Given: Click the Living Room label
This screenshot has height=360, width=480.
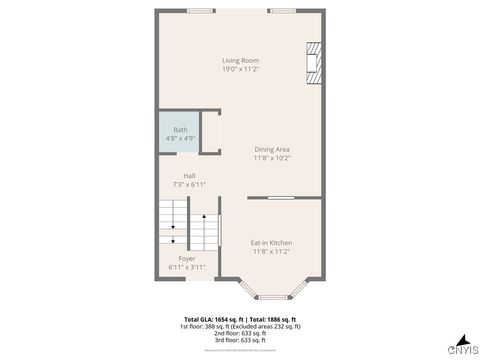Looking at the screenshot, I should tap(240, 60).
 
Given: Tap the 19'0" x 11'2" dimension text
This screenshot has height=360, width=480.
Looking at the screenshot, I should tap(240, 69).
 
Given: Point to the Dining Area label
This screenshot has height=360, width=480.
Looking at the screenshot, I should tap(271, 149).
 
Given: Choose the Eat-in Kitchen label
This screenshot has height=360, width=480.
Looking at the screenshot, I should tap(271, 243).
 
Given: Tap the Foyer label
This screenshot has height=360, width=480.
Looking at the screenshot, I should tap(187, 258).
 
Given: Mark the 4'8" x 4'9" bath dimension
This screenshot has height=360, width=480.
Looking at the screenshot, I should tap(181, 138).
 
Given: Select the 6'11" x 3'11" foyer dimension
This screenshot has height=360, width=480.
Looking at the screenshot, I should tap(187, 267).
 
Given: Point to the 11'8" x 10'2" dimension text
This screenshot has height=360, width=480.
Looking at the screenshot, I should tap(271, 158).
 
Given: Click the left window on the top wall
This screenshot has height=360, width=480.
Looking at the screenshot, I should tap(200, 11).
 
